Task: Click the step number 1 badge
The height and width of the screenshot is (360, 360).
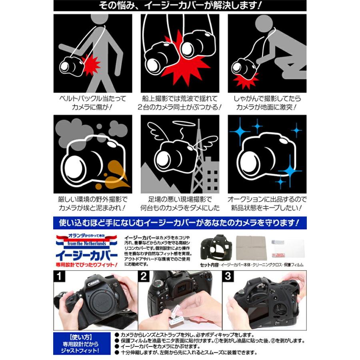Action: pos(59,276)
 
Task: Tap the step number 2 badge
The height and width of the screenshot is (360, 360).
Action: pos(144,276)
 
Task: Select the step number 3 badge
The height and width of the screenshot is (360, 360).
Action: pos(228,276)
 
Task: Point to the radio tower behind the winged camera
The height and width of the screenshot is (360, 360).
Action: pos(197,160)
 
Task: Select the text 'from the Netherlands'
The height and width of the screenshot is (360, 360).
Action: pos(87,243)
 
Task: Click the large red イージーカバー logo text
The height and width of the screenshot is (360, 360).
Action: pos(87,254)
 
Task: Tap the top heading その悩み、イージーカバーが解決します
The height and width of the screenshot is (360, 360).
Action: pos(180,6)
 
